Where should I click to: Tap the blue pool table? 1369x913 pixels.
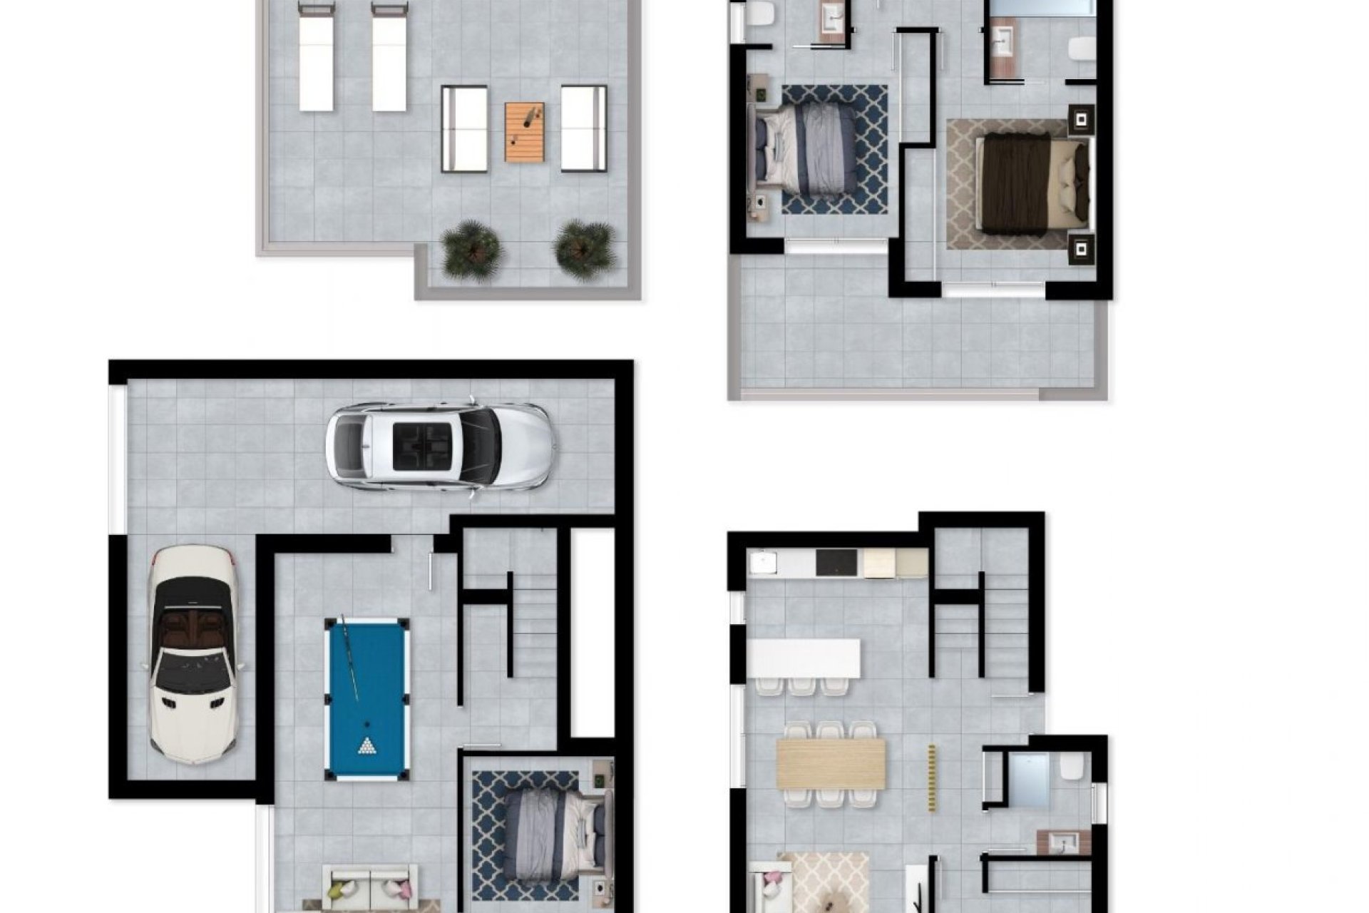point(367,698)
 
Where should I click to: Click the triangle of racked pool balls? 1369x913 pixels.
point(367,746)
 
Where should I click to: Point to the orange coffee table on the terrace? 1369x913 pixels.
point(525,132)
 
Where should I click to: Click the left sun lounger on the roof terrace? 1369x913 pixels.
point(317,57)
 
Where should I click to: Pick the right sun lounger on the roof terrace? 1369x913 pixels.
point(389,57)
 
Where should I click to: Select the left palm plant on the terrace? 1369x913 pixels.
point(471,250)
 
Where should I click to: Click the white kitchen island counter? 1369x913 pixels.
point(804,658)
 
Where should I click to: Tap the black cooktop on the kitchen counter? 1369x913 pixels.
point(839,563)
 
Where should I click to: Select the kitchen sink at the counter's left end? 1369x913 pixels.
point(762,562)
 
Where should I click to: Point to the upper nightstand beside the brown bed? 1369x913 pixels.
point(1082,119)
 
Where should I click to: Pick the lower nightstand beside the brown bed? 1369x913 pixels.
point(1082,248)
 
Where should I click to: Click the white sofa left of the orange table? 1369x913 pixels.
point(464,129)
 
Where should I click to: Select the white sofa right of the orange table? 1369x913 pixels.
point(583,129)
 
